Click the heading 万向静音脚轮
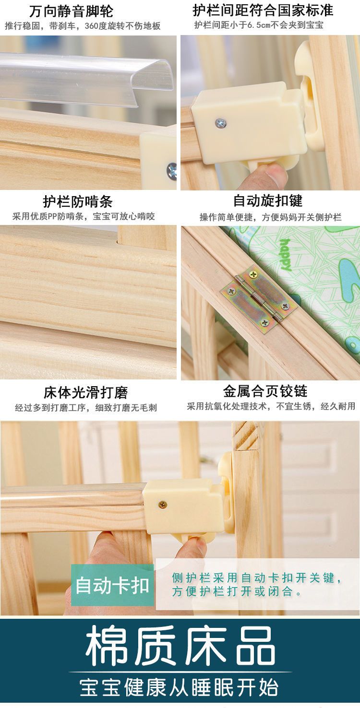[71, 12]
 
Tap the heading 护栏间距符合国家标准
[263, 11]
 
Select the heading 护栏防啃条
[78, 201]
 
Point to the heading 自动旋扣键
[268, 201]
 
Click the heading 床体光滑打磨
[86, 392]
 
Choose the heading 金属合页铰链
[265, 391]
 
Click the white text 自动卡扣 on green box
[112, 585]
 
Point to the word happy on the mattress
[286, 255]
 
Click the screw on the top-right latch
[220, 123]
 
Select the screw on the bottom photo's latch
[163, 505]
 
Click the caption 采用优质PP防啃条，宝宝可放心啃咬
[84, 216]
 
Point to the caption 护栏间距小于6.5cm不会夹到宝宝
[259, 25]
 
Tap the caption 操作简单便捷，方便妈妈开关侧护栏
[270, 217]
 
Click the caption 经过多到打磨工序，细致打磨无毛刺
[86, 408]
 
